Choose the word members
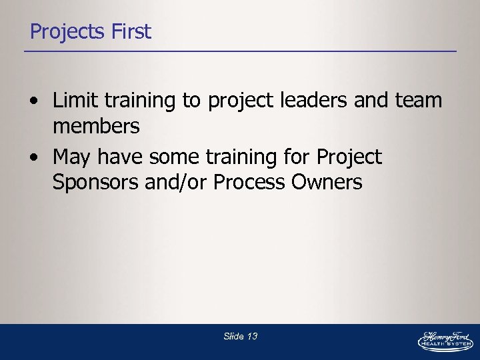pyautogui.click(x=96, y=125)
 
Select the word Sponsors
pyautogui.click(x=96, y=182)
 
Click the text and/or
pyautogui.click(x=177, y=182)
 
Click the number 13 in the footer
pyautogui.click(x=252, y=337)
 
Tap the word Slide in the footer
pyautogui.click(x=233, y=337)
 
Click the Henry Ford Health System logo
pyautogui.click(x=445, y=339)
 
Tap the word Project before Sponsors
pyautogui.click(x=349, y=158)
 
